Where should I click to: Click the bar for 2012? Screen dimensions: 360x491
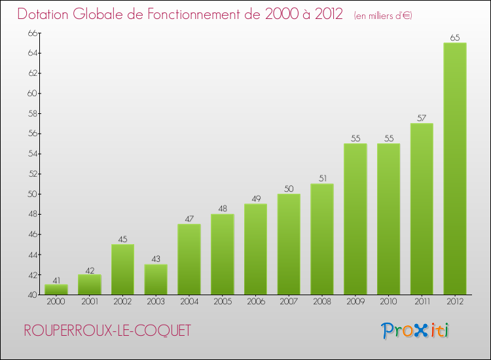tap(454, 169)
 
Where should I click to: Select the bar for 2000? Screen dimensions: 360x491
tap(56, 290)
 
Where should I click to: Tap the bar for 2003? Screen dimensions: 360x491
tap(156, 279)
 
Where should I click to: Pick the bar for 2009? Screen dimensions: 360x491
tap(355, 219)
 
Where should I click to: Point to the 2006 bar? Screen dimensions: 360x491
tap(255, 249)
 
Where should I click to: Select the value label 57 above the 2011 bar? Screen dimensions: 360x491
tap(422, 118)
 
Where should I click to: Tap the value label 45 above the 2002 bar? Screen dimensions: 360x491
tap(122, 240)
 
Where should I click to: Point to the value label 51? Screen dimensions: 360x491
tap(321, 179)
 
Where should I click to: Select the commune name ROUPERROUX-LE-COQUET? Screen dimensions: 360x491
tap(107, 331)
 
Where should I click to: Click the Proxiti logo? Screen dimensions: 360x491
tap(415, 331)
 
